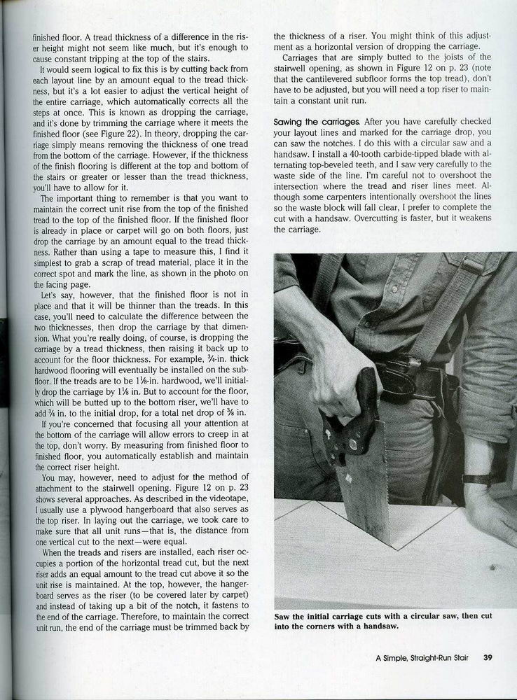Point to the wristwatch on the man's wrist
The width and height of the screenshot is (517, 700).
click(x=478, y=479)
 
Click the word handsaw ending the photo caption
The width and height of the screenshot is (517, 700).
click(x=381, y=626)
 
